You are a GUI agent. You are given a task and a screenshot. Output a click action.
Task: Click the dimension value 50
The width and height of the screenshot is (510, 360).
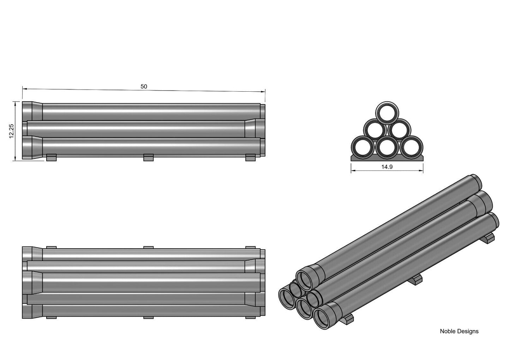coord(144,86)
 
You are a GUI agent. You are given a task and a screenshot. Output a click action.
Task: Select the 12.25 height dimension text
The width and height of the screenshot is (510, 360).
coord(11,131)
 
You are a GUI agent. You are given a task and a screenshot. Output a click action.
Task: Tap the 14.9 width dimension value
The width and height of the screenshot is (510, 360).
coord(387,167)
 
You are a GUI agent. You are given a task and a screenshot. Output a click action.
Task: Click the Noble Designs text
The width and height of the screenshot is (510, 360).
coord(459,331)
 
